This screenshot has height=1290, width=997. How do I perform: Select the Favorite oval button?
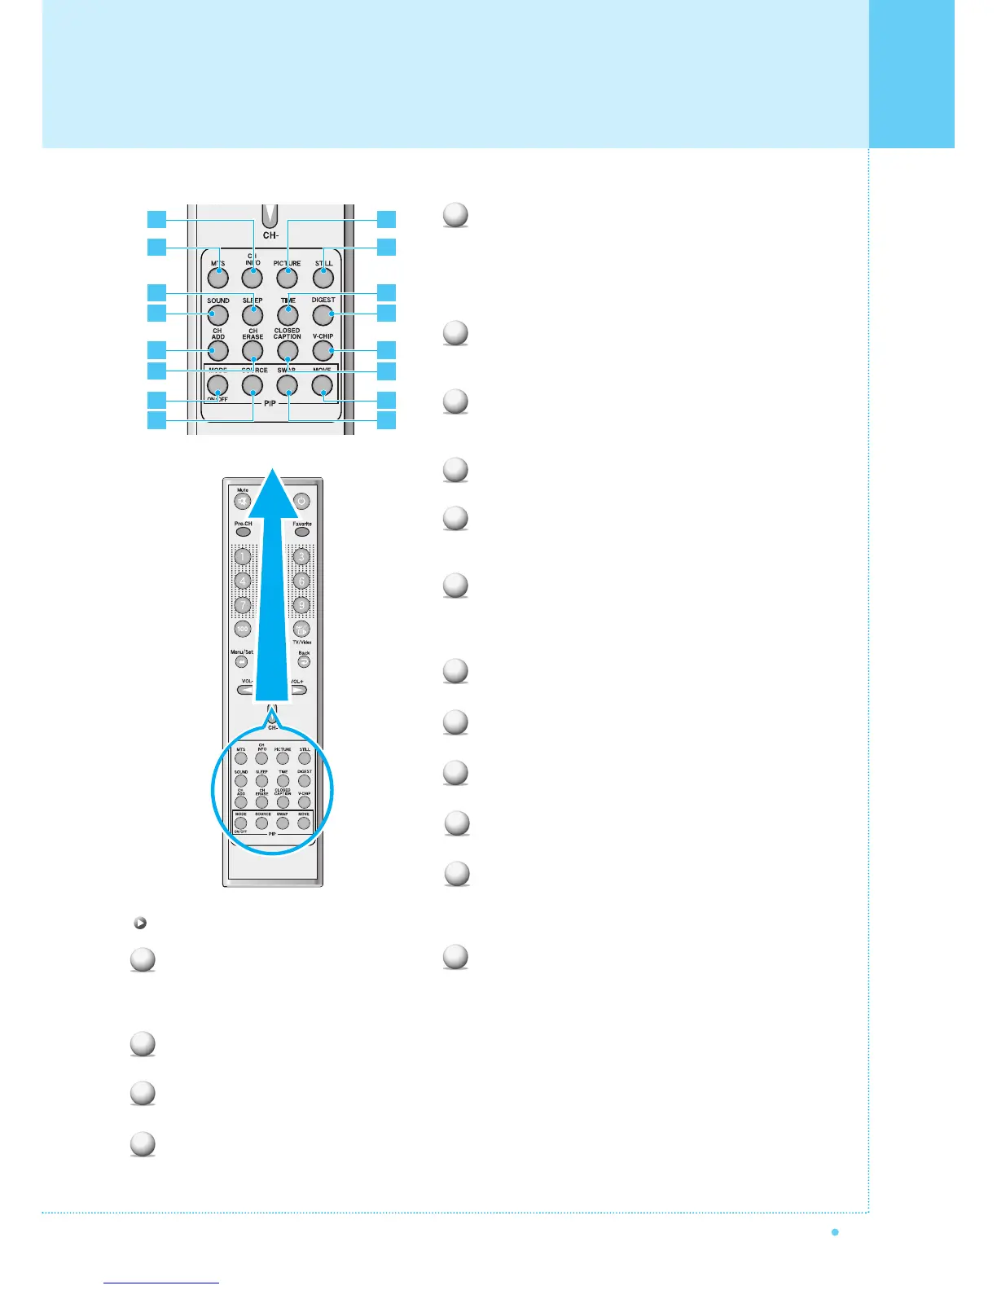click(302, 532)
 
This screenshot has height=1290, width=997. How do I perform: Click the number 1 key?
click(243, 557)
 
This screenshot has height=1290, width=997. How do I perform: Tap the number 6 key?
click(301, 581)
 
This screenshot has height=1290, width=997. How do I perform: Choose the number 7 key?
click(243, 605)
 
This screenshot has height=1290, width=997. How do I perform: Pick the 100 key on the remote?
click(243, 629)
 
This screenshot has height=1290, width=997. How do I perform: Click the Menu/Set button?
click(242, 662)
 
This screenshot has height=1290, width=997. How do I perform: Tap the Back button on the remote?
click(303, 662)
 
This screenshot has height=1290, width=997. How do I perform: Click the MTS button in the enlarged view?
click(217, 278)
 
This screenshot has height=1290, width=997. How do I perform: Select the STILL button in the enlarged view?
click(323, 278)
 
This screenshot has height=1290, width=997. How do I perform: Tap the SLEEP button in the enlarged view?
click(253, 314)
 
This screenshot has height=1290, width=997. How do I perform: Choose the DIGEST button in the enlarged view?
click(323, 314)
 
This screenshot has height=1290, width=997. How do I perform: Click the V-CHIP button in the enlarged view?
click(323, 350)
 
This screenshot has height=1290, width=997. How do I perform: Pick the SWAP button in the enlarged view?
click(287, 384)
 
